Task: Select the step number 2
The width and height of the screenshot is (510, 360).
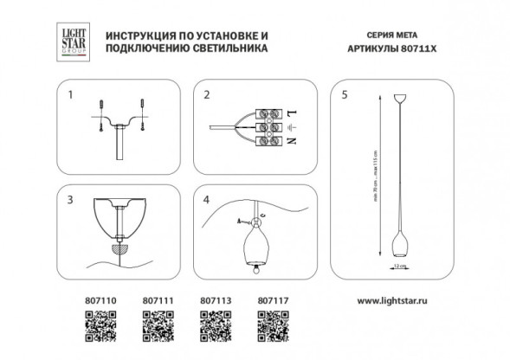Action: [205, 94]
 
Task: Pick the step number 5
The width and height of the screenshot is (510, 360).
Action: [344, 94]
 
